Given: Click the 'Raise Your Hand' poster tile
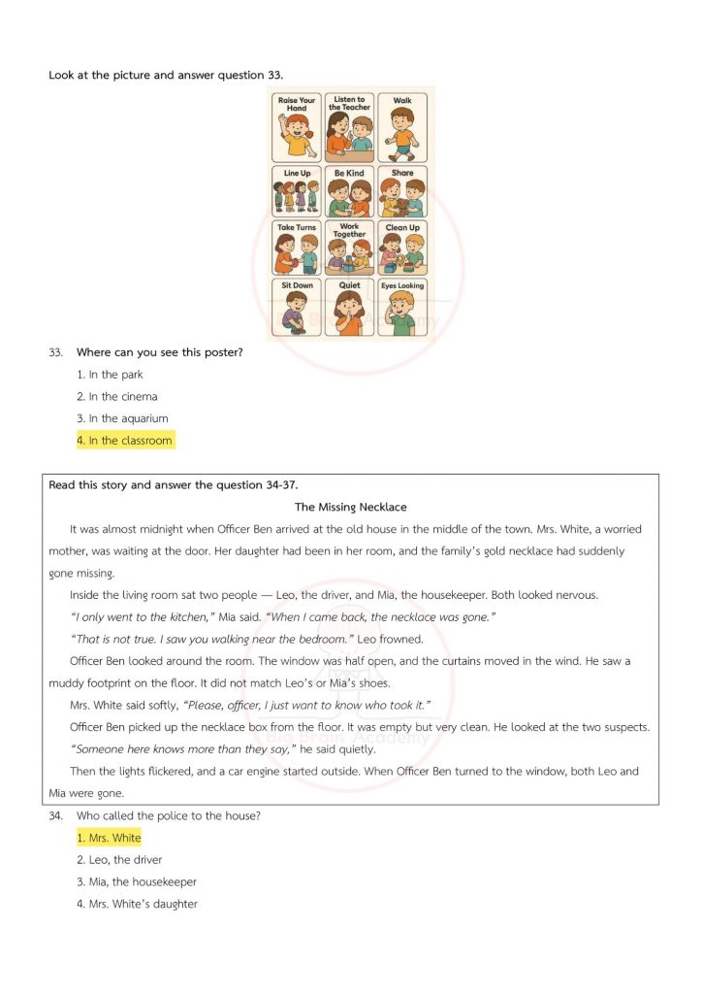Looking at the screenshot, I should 297,127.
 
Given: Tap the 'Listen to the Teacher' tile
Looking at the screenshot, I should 349,127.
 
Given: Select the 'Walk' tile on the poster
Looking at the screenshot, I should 402,127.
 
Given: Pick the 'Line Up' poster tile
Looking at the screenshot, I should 297,192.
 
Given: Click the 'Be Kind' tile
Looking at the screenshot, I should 349,192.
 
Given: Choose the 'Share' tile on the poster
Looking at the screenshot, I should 402,192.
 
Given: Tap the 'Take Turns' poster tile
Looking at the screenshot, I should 297,248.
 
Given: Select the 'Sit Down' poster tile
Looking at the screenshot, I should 297,308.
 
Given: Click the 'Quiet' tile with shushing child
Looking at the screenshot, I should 349,308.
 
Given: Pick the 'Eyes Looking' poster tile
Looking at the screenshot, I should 402,308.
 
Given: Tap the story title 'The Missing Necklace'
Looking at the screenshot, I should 350,507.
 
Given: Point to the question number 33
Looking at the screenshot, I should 55,352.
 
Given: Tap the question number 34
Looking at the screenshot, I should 55,816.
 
